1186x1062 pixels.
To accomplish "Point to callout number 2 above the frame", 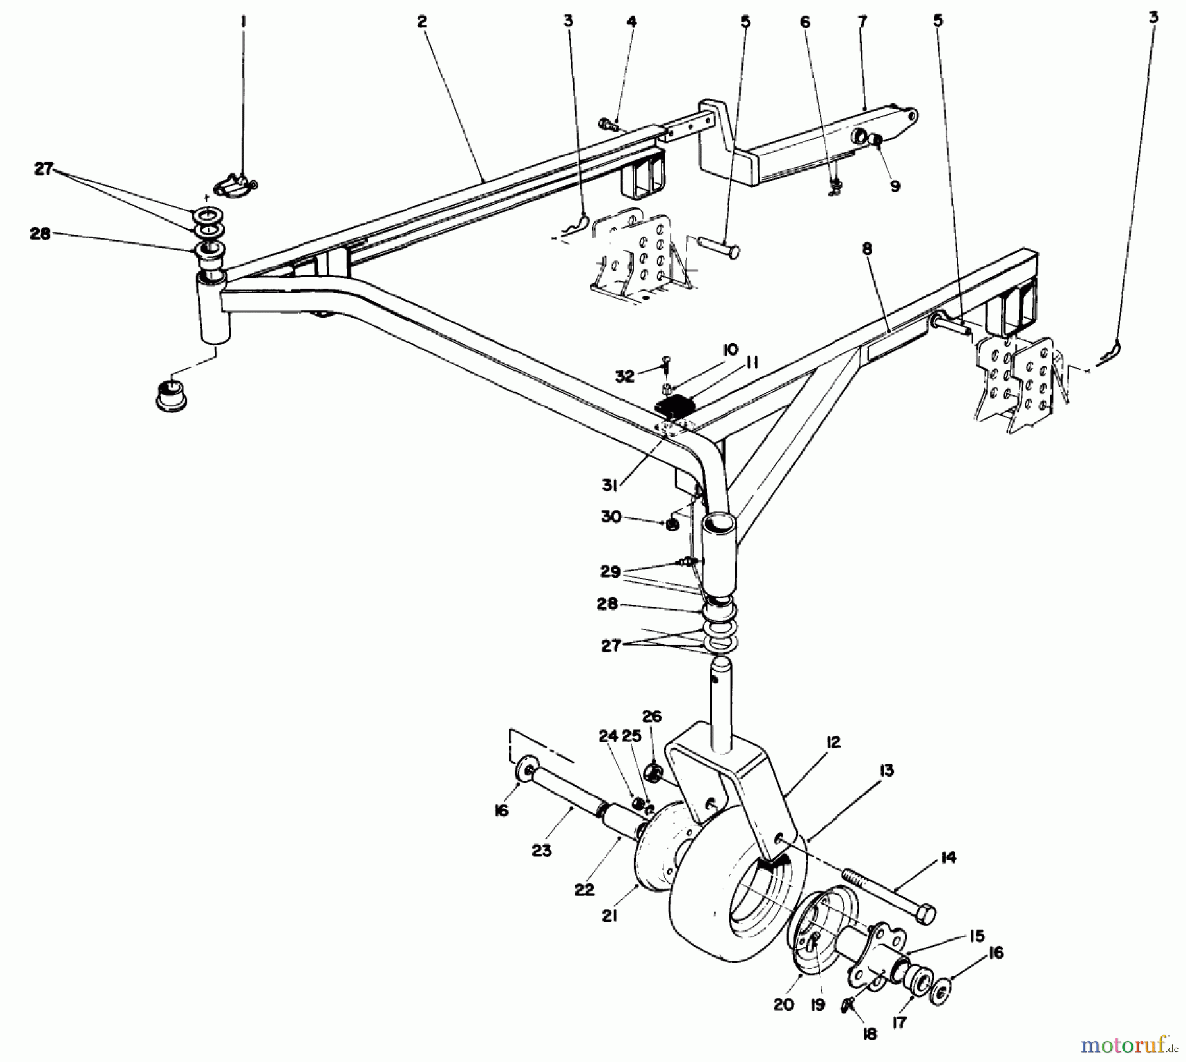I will pos(422,22).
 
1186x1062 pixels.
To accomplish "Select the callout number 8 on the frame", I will pos(867,250).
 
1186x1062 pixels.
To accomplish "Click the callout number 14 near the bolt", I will pos(949,858).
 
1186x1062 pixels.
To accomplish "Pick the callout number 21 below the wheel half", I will pos(609,916).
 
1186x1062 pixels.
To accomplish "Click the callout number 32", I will pos(625,376).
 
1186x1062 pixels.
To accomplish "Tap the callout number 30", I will pos(610,517).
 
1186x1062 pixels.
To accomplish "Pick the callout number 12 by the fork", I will pos(833,742).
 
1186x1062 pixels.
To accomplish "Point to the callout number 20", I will pos(783,1005).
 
